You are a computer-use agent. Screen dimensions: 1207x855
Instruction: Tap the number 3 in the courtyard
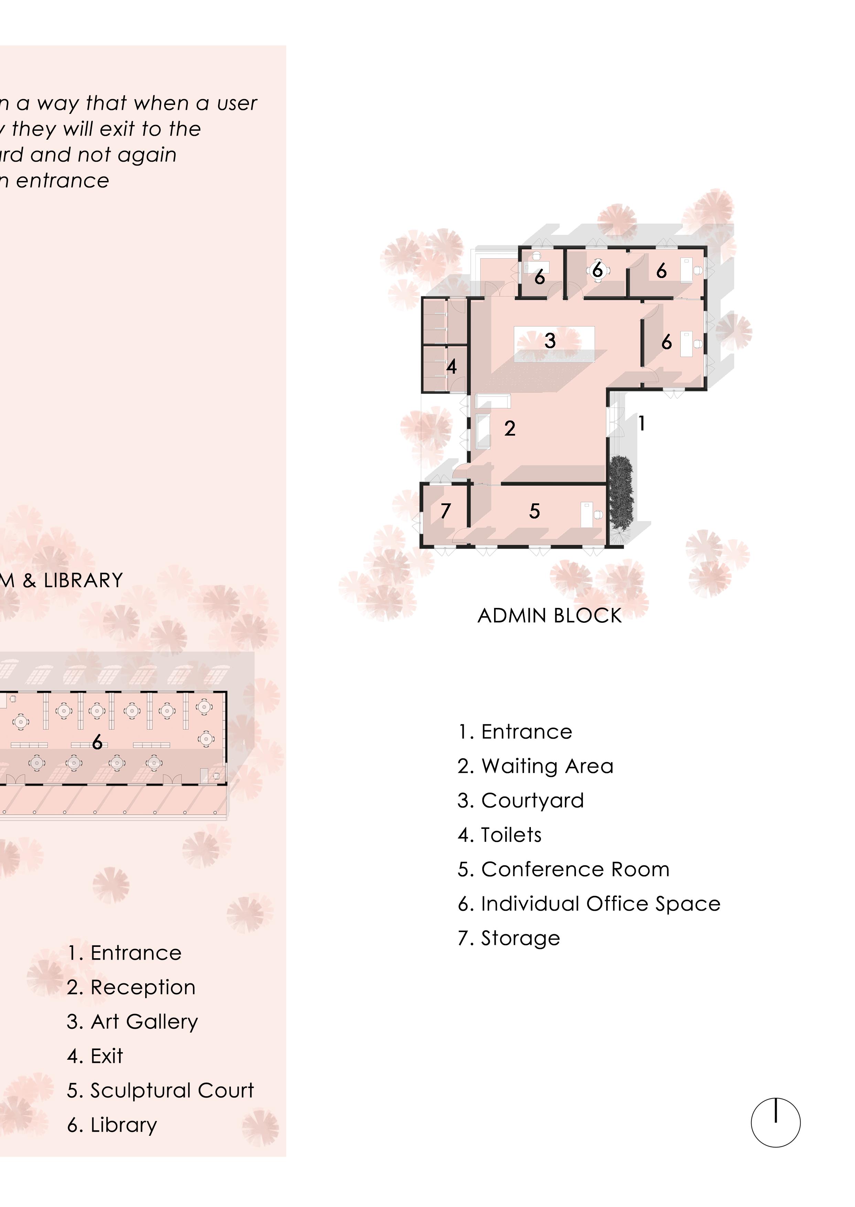tap(550, 341)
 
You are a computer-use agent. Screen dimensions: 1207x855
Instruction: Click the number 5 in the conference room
tap(534, 511)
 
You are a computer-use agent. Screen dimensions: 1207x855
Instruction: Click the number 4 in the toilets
tap(451, 366)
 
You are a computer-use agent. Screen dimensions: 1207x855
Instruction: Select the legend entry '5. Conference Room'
tap(563, 869)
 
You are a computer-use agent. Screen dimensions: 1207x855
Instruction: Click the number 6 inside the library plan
tap(97, 742)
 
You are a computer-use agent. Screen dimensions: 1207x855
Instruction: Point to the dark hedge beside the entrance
tap(621, 493)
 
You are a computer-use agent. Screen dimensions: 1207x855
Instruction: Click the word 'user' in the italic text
tap(237, 103)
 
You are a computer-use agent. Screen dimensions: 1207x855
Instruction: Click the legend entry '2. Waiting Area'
tap(535, 766)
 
